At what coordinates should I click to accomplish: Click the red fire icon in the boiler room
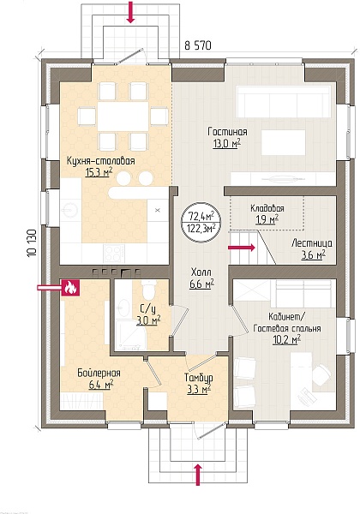coord(69,288)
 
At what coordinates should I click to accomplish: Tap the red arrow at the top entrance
coord(131,13)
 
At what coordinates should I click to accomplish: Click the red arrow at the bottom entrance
coord(198,474)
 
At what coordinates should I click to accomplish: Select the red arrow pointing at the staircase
coord(242,248)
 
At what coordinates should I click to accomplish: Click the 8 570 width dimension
coord(198,45)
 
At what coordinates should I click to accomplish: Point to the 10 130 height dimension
coord(32,243)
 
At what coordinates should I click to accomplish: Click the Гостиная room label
coord(227,132)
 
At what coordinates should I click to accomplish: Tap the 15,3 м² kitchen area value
coord(99,172)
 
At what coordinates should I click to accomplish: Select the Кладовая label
coord(267,208)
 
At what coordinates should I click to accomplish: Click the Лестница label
coord(311,243)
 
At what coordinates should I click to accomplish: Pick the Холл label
coord(201,272)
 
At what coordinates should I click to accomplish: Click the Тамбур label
coord(198,378)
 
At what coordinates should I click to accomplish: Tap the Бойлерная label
coord(99,373)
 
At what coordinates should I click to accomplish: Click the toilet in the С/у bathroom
coord(147,290)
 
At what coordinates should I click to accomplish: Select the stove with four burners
coord(114,253)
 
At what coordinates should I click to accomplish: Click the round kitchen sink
coord(69,208)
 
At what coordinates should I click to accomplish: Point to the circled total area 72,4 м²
coord(201,216)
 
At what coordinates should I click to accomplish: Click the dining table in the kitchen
coord(123,116)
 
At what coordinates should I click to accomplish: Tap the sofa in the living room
coord(283,102)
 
